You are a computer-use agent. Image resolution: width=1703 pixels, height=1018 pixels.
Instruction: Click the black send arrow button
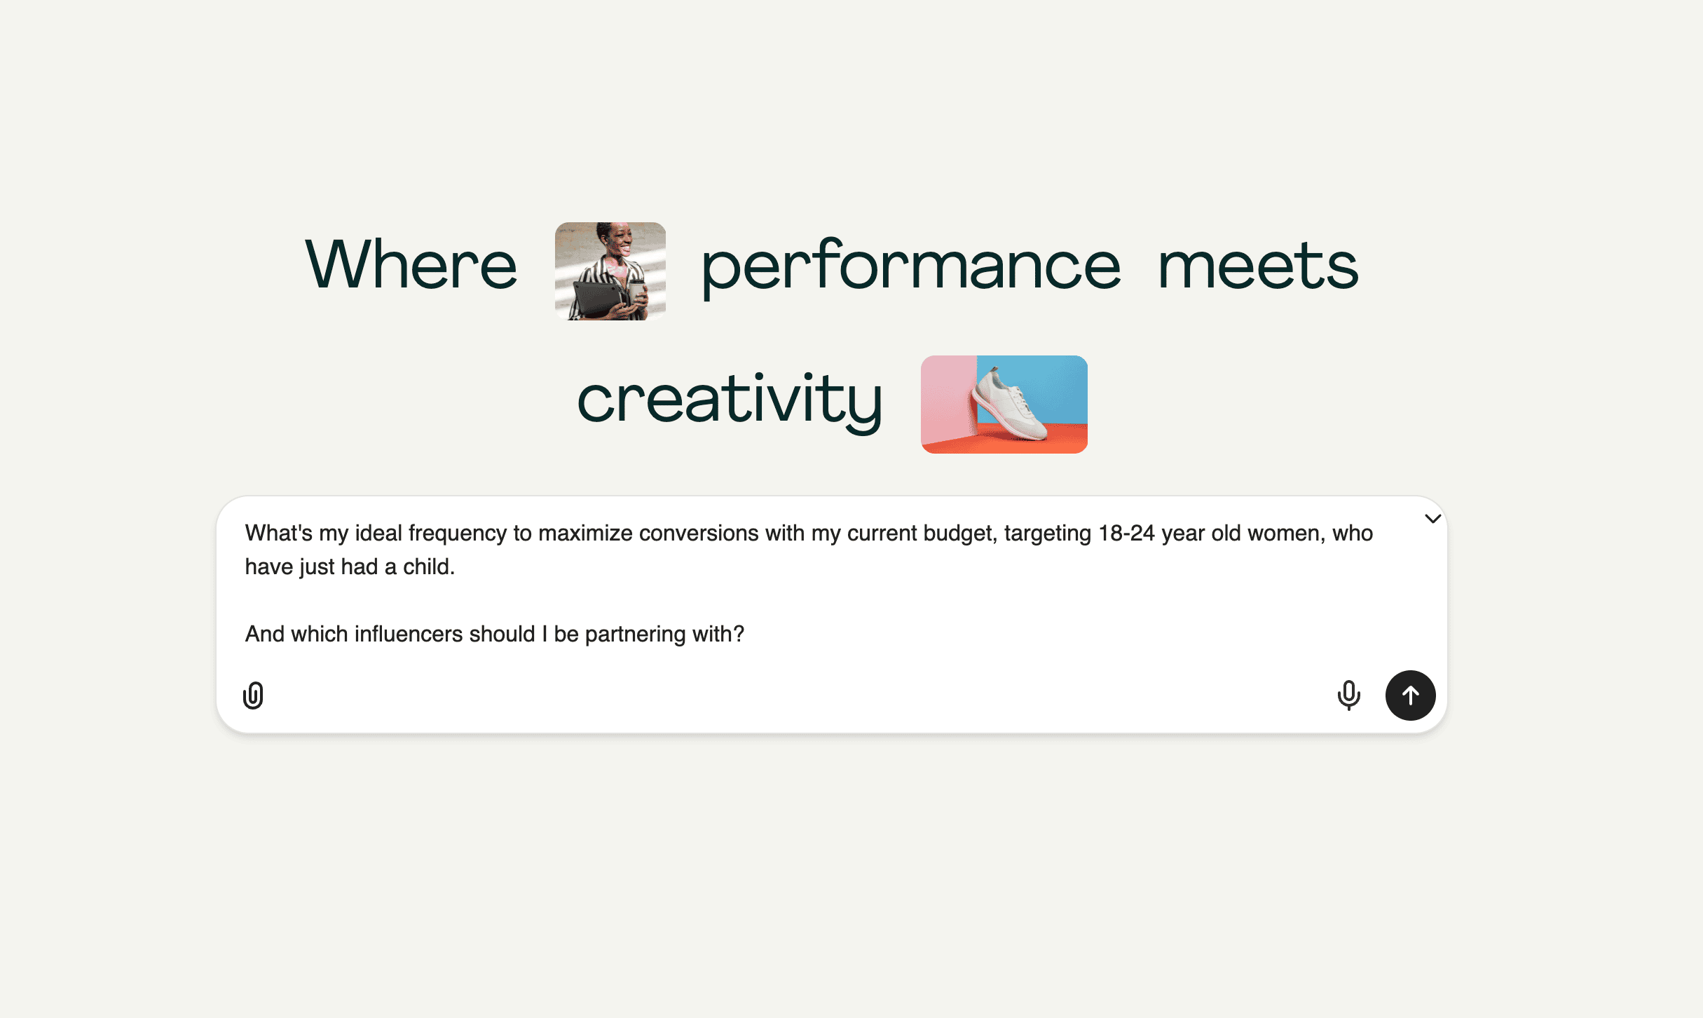pyautogui.click(x=1410, y=695)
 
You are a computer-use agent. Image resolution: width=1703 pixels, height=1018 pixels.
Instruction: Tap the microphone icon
pyautogui.click(x=1348, y=695)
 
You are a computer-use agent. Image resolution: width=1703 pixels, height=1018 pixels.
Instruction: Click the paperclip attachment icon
pyautogui.click(x=253, y=695)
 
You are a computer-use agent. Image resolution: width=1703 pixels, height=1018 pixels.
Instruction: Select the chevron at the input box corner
pyautogui.click(x=1432, y=519)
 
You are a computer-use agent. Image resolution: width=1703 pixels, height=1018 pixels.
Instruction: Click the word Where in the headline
pyautogui.click(x=411, y=264)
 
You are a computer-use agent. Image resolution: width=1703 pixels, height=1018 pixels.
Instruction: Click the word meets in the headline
pyautogui.click(x=1258, y=266)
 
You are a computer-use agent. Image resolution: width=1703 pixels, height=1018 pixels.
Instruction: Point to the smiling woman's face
pyautogui.click(x=617, y=240)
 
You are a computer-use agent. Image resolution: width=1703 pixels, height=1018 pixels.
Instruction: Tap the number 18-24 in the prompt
pyautogui.click(x=1126, y=534)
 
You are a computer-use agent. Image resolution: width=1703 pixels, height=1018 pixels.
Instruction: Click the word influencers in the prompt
pyautogui.click(x=409, y=634)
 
